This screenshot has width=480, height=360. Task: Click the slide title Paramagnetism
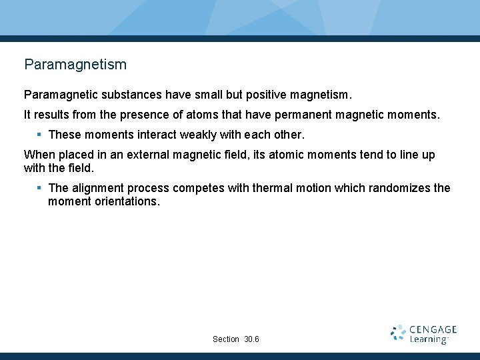pos(75,65)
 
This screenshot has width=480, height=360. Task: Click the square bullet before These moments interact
pos(39,135)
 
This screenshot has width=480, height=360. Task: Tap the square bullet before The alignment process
pos(39,188)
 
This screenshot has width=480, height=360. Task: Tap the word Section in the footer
pos(225,339)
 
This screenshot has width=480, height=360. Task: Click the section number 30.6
pos(252,339)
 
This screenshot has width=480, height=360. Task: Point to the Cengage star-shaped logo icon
pos(398,333)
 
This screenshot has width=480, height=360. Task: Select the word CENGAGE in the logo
pos(433,329)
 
